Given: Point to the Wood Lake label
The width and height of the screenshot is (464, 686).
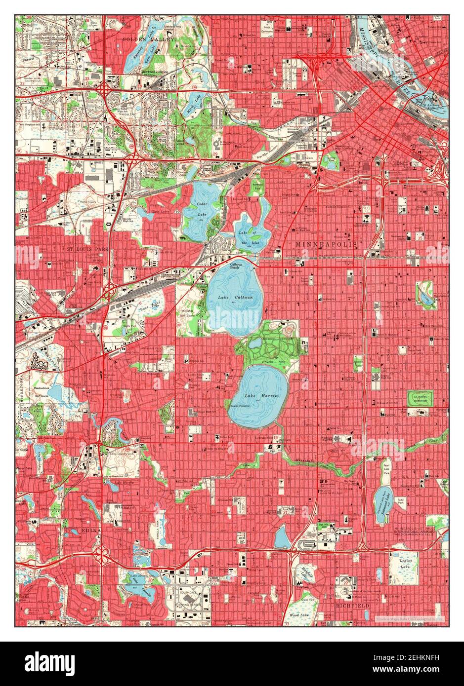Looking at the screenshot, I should (x=299, y=615).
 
